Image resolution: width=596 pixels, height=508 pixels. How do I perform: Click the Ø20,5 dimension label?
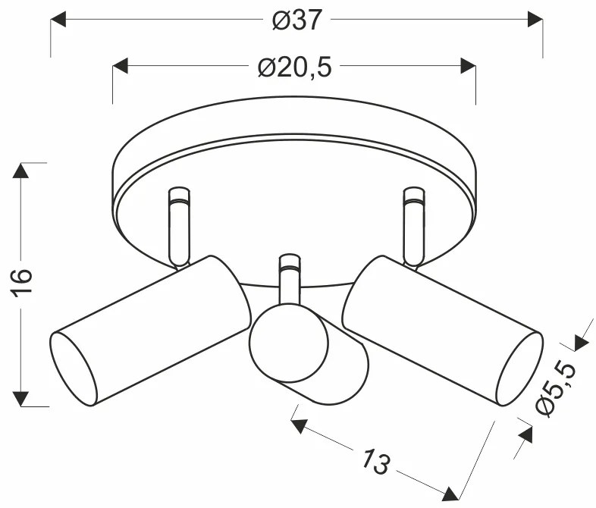[x=294, y=68]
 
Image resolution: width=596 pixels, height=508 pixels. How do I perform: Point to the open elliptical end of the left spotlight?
[x=74, y=368]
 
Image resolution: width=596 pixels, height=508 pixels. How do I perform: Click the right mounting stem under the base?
[x=413, y=227]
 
